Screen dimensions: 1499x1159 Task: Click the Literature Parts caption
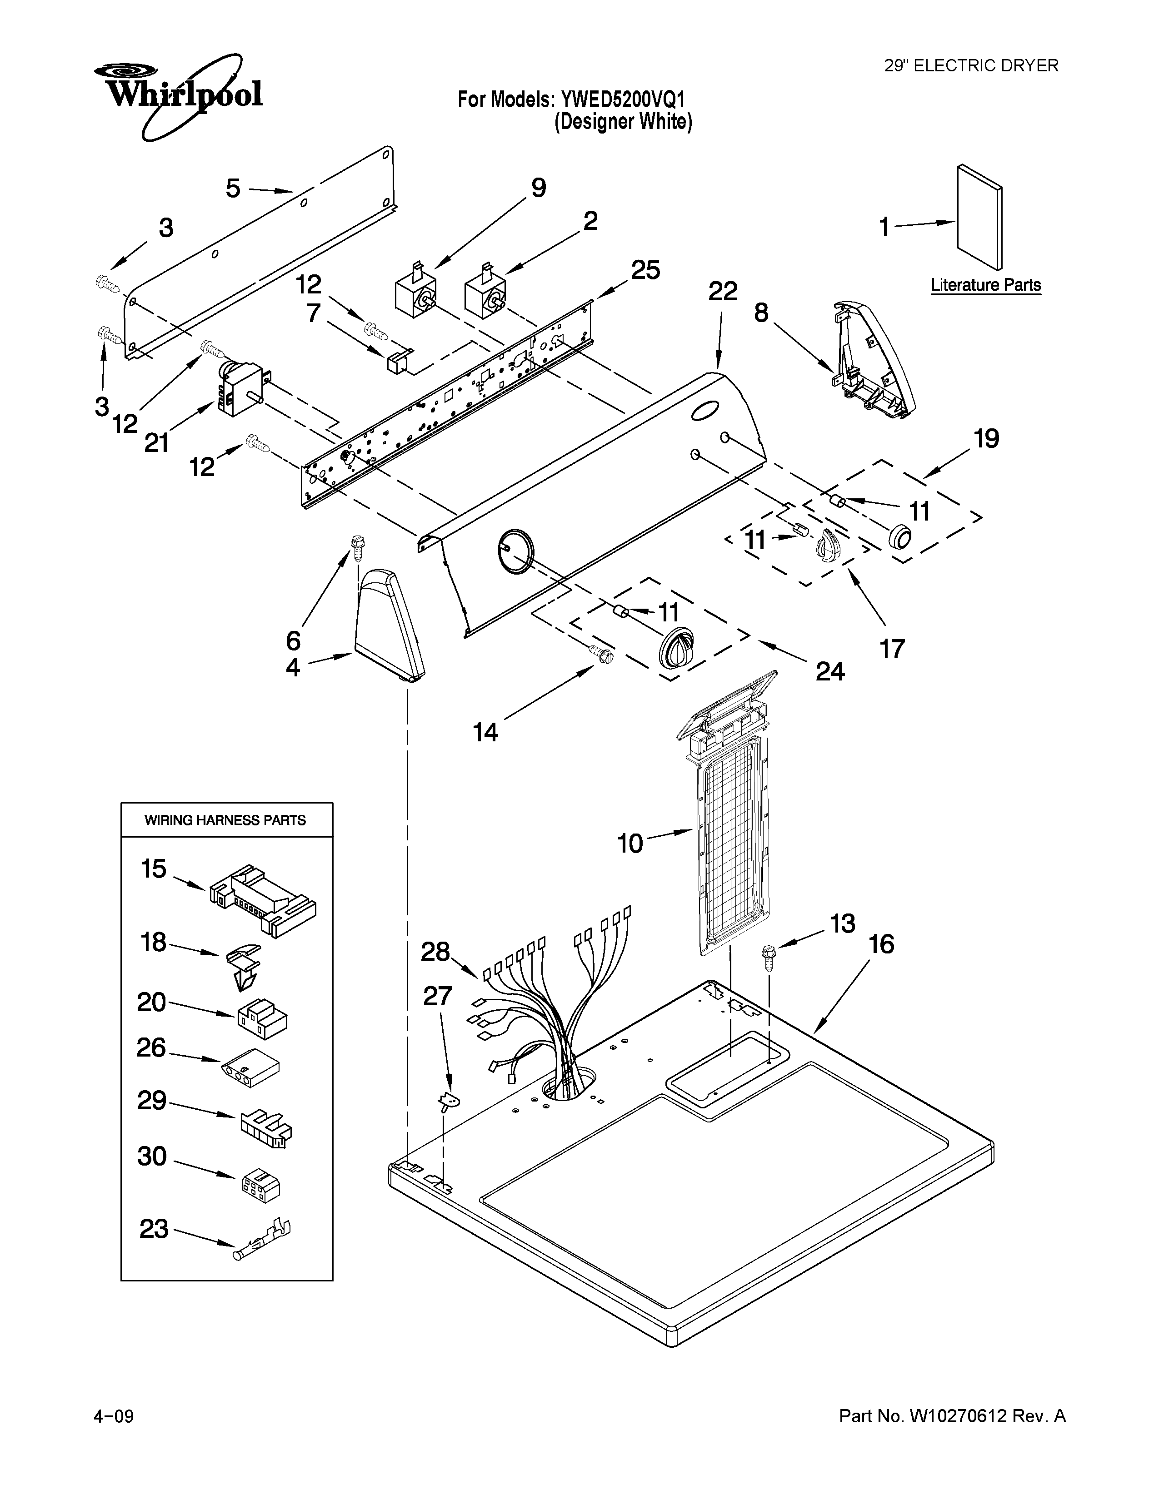[985, 285]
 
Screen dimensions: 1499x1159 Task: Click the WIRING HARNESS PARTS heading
[225, 819]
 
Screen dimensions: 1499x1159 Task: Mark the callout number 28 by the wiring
[435, 952]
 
